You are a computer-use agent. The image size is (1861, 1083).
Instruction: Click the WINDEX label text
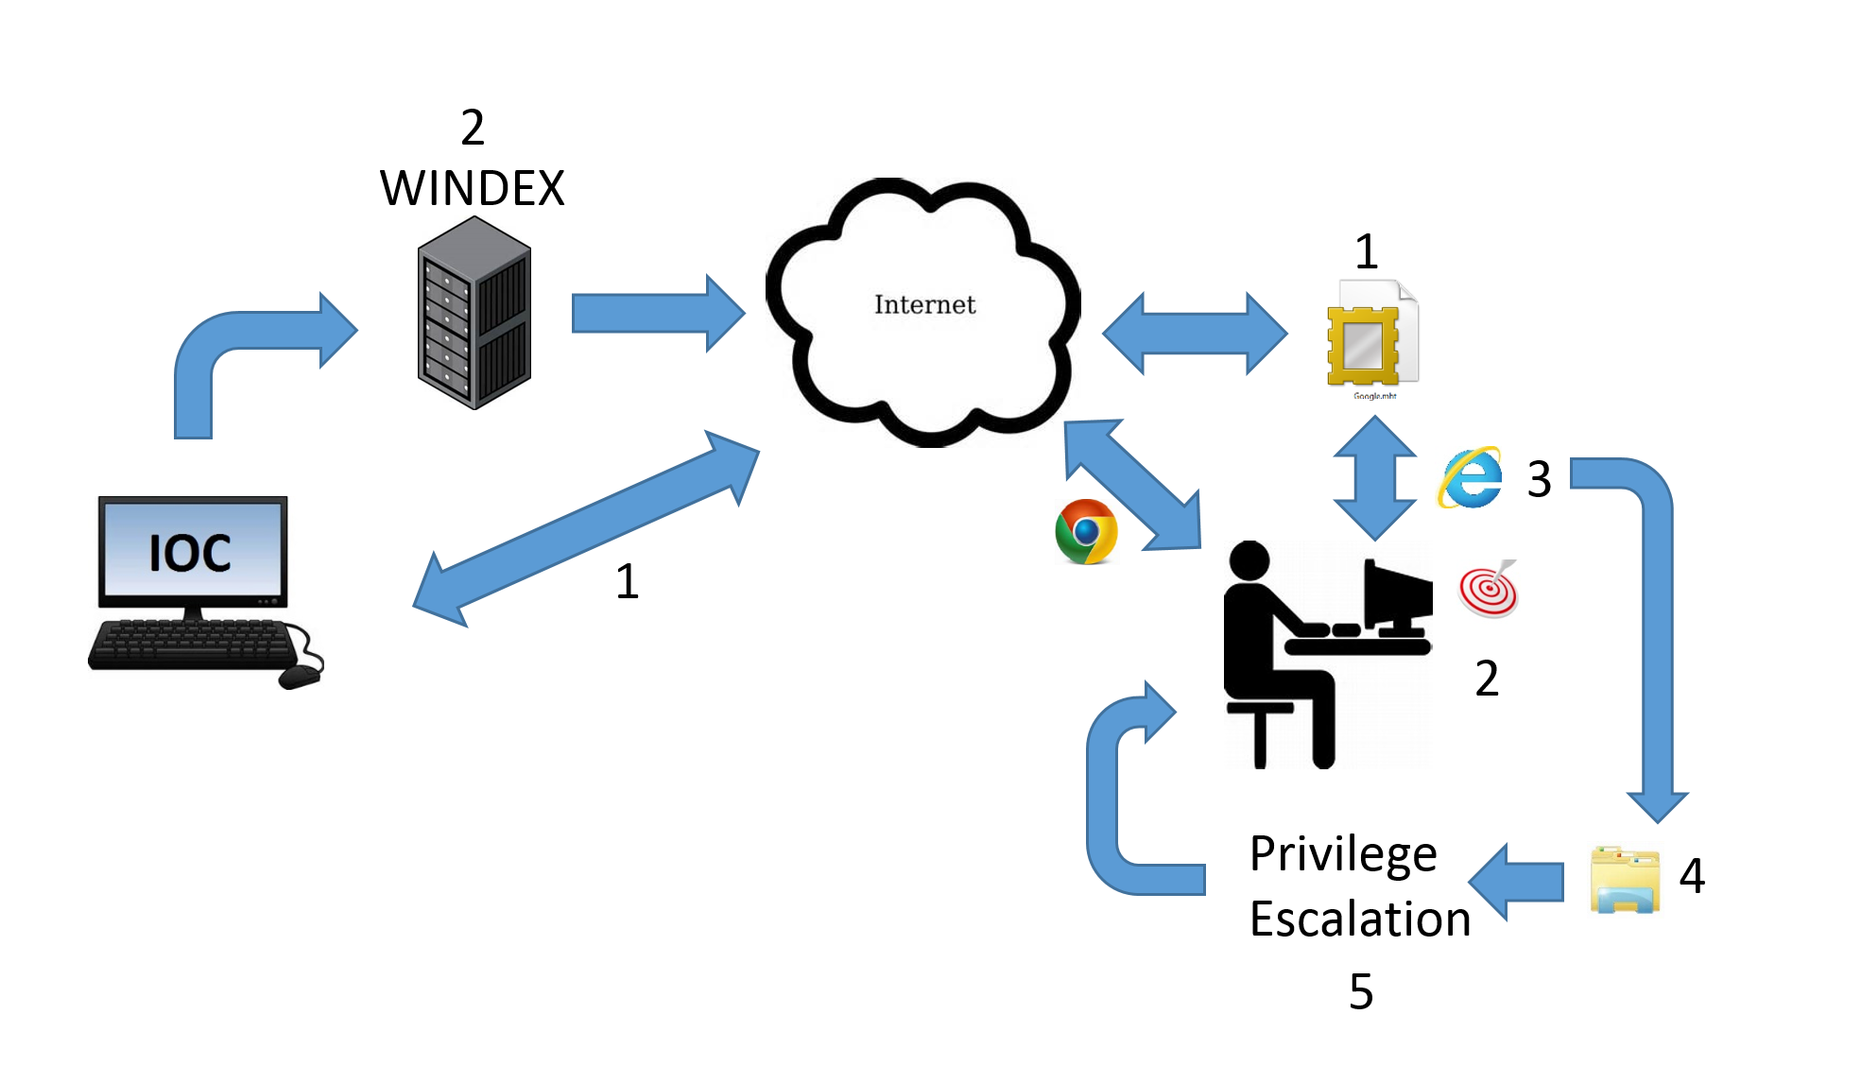tap(472, 188)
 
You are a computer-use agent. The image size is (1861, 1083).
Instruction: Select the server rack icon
tap(474, 313)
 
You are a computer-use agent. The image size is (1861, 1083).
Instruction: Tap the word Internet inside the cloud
tap(924, 304)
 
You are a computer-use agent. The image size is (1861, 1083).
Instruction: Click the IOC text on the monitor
tap(190, 553)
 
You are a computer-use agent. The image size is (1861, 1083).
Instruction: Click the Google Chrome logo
tap(1086, 531)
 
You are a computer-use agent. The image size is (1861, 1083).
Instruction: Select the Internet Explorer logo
tap(1471, 477)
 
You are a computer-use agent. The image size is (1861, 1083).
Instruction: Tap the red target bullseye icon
tap(1489, 589)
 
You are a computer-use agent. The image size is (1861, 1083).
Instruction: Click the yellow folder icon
tap(1625, 880)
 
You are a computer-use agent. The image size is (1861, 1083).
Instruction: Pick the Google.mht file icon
tap(1372, 338)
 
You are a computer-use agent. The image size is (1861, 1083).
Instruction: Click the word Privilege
tap(1343, 855)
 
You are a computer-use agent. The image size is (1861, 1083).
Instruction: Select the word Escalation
tap(1360, 919)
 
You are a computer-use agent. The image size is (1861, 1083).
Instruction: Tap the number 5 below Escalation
tap(1361, 991)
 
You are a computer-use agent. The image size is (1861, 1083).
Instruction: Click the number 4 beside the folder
tap(1692, 875)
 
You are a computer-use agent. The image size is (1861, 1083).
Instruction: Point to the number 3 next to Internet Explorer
tap(1540, 479)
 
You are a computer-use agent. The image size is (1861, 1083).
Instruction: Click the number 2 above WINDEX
tap(473, 128)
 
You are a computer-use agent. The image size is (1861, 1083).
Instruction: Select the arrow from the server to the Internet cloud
tap(659, 313)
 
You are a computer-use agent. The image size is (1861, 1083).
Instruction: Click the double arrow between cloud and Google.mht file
tap(1195, 334)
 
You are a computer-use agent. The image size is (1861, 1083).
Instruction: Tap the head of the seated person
tap(1249, 560)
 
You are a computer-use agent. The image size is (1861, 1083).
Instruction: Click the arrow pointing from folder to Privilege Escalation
tap(1516, 882)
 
